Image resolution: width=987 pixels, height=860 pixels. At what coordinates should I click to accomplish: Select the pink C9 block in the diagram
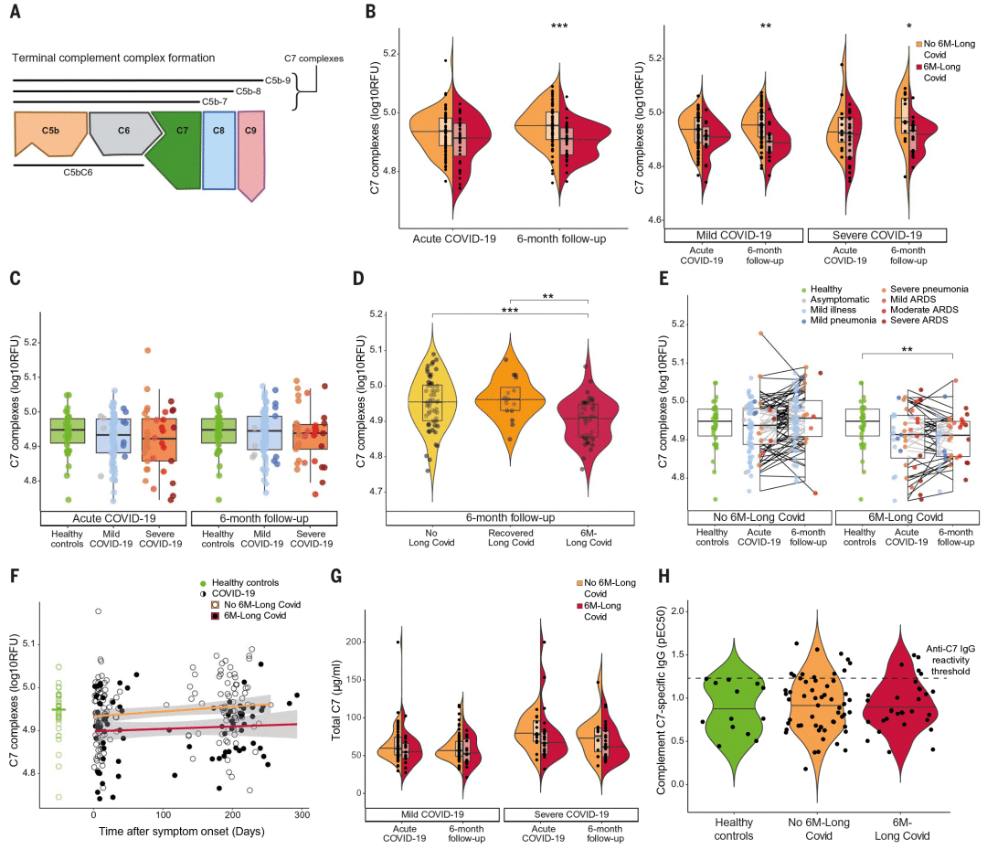coord(250,146)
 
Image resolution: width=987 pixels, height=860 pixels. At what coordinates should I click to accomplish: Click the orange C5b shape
coord(49,134)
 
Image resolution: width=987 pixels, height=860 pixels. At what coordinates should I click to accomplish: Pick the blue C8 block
coord(218,146)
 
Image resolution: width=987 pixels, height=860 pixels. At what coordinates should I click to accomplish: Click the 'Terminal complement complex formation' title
coord(113,58)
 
